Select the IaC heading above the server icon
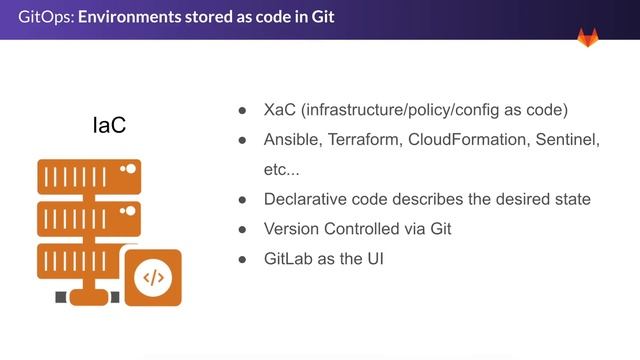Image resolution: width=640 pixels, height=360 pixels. pos(108,127)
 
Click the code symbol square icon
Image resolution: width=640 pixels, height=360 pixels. pos(152,277)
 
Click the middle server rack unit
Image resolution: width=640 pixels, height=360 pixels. pos(88,218)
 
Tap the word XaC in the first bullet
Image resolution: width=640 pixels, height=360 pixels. pos(281,109)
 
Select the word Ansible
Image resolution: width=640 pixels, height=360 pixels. pos(292,140)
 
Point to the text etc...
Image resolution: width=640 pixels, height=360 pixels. pos(281,170)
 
